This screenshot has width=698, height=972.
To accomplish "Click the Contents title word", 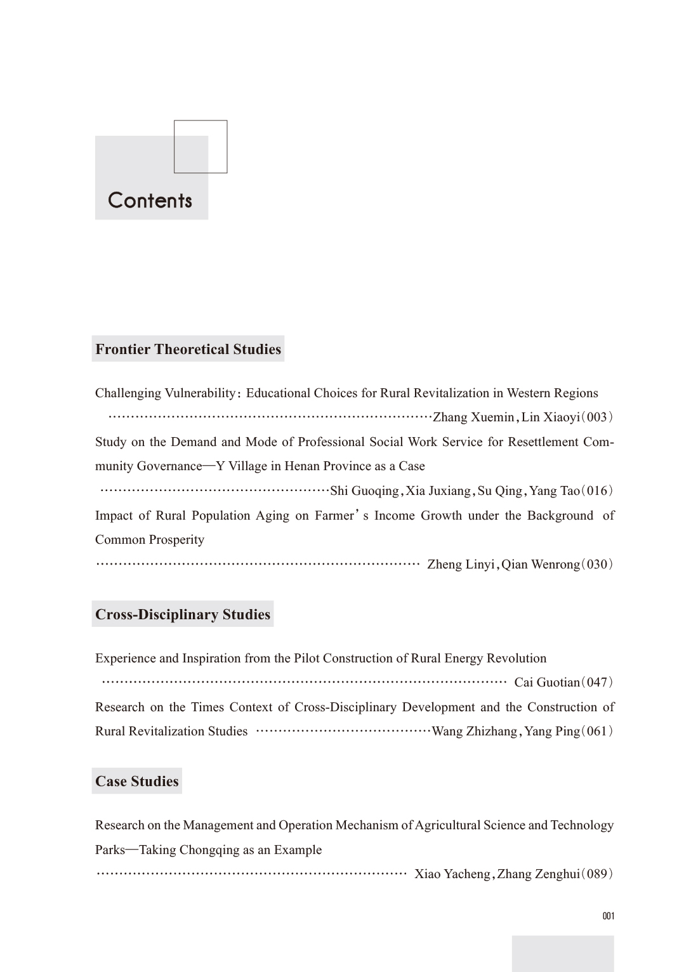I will point(150,200).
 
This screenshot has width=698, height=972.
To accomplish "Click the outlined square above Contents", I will point(201,147).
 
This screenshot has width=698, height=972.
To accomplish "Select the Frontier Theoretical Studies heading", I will point(188,349).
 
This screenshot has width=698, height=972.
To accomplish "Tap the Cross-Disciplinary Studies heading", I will point(183,614).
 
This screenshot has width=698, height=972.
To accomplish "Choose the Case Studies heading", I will point(137,781).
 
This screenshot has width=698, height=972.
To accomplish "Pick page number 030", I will point(597,565).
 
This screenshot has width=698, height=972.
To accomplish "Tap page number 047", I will point(597,683).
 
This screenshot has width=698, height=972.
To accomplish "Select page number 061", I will point(597,732).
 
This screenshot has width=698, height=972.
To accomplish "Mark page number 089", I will point(597,874).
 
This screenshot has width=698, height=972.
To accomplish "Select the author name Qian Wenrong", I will point(540,565).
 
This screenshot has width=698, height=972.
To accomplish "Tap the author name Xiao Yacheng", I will point(452,874).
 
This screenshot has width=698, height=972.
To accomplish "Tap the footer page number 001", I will point(609,916).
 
